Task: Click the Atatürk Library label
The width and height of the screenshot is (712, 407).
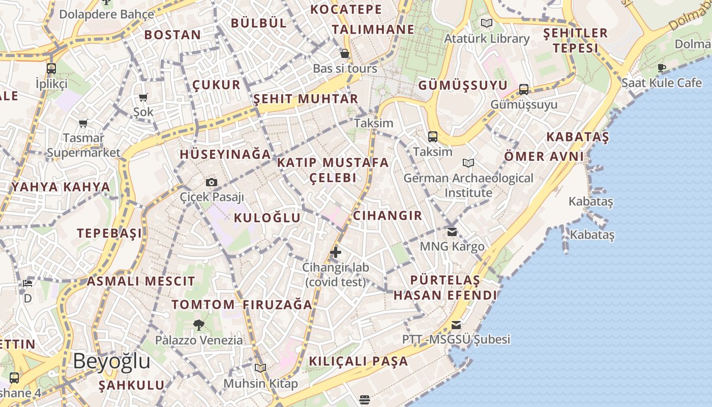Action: point(487,39)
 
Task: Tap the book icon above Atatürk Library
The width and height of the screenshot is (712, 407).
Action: point(487,23)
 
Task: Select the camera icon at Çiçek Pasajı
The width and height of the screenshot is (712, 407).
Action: point(212,182)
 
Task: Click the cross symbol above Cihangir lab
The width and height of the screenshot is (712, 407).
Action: point(336,252)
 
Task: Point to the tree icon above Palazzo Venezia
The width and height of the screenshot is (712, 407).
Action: point(199,325)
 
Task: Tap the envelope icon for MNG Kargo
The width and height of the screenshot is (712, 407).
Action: point(452,232)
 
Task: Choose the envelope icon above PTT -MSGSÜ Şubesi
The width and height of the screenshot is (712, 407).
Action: point(456,325)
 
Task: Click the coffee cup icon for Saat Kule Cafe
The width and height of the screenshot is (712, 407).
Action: point(662,68)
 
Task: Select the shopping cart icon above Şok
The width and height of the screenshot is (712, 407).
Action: point(143,97)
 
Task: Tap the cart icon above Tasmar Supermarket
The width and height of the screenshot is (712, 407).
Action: point(83,123)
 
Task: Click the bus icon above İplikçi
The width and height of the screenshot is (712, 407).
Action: point(51,69)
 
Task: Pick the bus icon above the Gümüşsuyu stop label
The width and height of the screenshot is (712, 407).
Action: point(524,90)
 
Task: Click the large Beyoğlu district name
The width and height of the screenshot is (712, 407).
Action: point(111,361)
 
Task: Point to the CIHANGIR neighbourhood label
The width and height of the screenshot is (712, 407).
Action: point(388,216)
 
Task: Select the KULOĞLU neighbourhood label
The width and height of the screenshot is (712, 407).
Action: point(267,218)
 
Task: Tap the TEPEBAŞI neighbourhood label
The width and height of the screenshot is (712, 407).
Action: point(109,234)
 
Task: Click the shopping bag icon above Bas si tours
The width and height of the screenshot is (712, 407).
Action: point(345,53)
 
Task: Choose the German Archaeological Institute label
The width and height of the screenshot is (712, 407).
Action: point(468,185)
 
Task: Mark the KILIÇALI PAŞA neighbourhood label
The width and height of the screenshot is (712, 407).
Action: point(359,361)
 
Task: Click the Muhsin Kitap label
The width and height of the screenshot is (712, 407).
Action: point(260,384)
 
